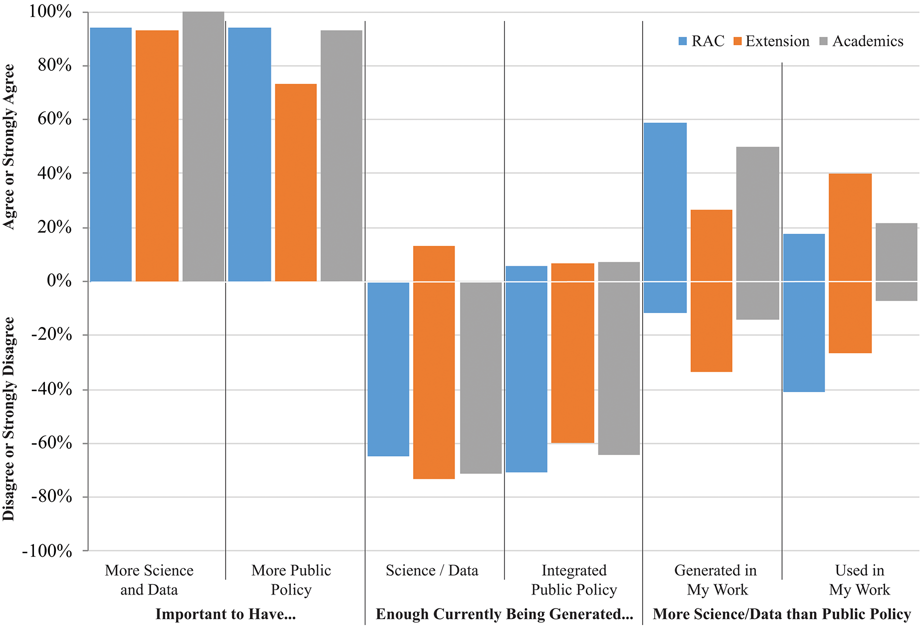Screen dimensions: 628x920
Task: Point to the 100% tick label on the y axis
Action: coord(50,11)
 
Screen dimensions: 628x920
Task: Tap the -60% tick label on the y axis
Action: coord(51,443)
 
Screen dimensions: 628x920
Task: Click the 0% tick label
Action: coord(59,281)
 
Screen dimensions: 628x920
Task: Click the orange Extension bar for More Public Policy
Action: coord(296,182)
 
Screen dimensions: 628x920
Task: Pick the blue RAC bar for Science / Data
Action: coord(388,369)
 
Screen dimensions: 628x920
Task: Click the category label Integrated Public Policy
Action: coord(574,580)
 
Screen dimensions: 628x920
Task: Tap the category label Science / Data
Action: coord(432,570)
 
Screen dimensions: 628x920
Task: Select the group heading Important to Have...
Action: coord(226,614)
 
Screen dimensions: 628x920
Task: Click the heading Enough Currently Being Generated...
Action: coord(504,614)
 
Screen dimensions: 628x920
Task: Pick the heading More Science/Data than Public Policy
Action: coord(782,614)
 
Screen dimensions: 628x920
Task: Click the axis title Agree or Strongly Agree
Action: coord(9,147)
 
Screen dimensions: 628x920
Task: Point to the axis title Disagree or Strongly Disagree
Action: coord(9,419)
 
